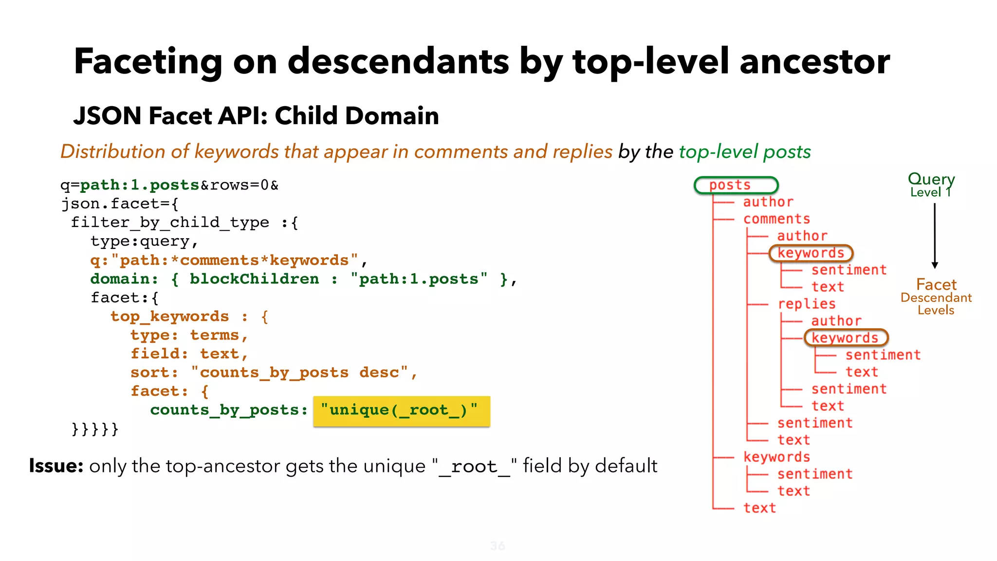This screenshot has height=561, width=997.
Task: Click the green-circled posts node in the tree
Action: click(x=735, y=186)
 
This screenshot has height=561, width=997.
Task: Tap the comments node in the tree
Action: click(x=776, y=219)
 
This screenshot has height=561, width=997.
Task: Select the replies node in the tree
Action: click(x=806, y=304)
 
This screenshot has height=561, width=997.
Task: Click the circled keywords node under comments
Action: click(x=811, y=253)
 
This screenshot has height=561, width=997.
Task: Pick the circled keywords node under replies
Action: click(x=846, y=338)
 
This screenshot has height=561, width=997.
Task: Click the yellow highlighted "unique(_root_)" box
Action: click(x=401, y=411)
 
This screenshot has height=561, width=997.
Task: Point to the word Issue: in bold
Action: click(x=56, y=466)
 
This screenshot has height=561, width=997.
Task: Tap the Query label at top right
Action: click(x=931, y=179)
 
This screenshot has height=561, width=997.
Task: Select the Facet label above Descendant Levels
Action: click(x=936, y=284)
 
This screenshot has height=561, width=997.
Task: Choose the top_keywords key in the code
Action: click(x=169, y=317)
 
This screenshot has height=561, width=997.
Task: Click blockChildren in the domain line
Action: click(x=254, y=279)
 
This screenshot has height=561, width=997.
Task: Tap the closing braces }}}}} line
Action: click(x=95, y=429)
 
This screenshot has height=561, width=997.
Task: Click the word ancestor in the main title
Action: click(x=814, y=62)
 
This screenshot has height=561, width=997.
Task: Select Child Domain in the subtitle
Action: click(x=356, y=116)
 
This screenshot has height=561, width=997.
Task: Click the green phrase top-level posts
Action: click(x=744, y=152)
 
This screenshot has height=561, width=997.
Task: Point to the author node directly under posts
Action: click(x=768, y=202)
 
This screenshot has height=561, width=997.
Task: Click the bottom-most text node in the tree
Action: click(x=759, y=508)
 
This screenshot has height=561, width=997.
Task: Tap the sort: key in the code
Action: click(x=154, y=373)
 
